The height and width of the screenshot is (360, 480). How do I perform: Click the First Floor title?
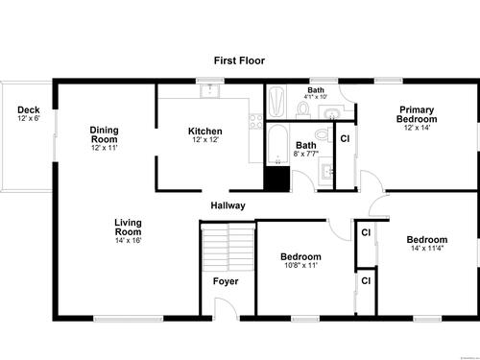(239, 60)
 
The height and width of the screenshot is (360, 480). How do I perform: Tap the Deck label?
(29, 109)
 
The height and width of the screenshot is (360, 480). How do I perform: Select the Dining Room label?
(104, 134)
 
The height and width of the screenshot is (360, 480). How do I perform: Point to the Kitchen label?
(205, 132)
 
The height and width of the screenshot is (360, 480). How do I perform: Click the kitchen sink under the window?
(210, 90)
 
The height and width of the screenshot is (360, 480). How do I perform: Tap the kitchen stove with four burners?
(256, 122)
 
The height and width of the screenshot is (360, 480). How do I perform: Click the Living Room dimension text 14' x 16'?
(129, 240)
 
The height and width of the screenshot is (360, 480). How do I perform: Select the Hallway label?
(228, 205)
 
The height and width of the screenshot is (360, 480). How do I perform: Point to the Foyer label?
(226, 281)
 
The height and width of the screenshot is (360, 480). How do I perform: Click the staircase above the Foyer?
(228, 247)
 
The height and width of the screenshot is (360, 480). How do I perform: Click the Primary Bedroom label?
(417, 114)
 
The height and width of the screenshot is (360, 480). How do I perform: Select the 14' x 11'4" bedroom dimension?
(427, 248)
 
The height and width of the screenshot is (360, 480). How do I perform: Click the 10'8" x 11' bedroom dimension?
(300, 265)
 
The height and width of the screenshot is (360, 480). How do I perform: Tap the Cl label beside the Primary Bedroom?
(345, 139)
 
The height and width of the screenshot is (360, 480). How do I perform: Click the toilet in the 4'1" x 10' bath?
(302, 109)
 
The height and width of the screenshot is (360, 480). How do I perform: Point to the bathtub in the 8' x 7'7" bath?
(277, 145)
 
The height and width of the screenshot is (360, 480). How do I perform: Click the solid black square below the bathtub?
(276, 180)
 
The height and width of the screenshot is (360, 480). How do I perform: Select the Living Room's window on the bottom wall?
(129, 319)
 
